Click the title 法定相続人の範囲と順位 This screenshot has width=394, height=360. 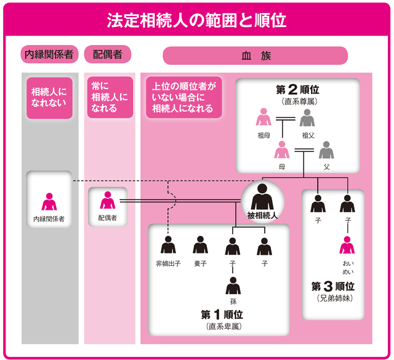pos(197,20)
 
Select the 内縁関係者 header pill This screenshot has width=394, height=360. pos(49,54)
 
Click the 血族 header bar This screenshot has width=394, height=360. pos(255,55)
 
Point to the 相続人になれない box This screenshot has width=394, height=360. pos(49,96)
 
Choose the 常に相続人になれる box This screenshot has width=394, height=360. pos(109,96)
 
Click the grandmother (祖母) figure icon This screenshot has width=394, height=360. pos(263,118)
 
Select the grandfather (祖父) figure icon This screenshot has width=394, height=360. pos(307,118)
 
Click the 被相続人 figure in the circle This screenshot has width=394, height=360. pos(263,196)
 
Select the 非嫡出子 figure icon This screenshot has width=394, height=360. pos(168,246)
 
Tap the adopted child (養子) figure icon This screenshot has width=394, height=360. pos(200,246)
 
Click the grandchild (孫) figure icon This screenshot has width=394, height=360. pos(233,286)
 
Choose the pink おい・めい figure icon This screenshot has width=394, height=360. pos(348,246)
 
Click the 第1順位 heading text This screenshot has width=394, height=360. pos(225,315)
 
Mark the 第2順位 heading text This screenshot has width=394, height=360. pos(298,90)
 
